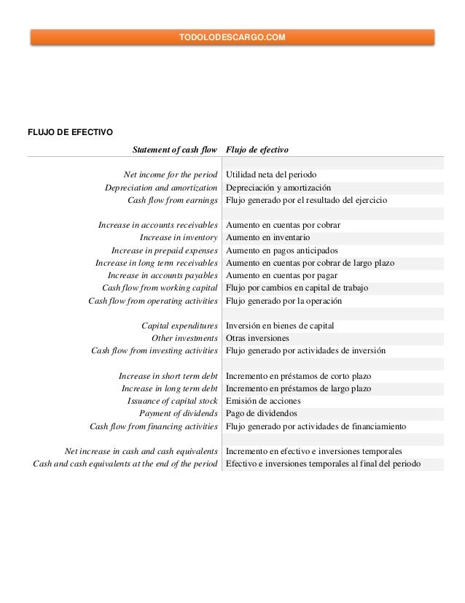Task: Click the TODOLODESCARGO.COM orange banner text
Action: [x=232, y=37]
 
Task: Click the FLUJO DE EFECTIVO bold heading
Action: [x=69, y=132]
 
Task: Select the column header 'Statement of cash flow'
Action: [x=175, y=150]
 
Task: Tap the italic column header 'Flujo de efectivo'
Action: [x=257, y=150]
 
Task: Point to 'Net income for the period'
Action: [x=171, y=175]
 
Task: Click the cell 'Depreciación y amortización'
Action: [x=278, y=188]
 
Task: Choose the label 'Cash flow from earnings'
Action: [x=173, y=200]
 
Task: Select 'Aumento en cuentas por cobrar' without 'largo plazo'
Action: [x=284, y=225]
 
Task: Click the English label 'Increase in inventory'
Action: [x=179, y=237]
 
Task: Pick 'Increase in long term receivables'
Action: [x=157, y=263]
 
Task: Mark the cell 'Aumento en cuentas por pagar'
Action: [x=281, y=275]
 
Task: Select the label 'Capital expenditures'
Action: [x=179, y=326]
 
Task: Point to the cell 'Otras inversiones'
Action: [x=257, y=338]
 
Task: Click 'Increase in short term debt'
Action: [x=168, y=376]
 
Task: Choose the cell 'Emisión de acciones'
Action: [x=263, y=401]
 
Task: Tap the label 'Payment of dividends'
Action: [x=179, y=414]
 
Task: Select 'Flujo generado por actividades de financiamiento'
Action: [x=316, y=426]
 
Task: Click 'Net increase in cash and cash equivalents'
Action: [x=141, y=452]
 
